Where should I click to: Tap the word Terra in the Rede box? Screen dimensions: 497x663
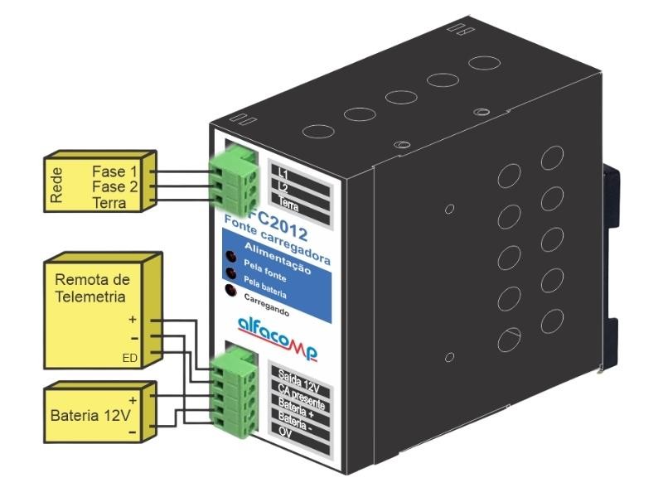110,203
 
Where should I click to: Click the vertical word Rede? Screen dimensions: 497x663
57,188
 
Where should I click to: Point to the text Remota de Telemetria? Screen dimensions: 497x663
89,289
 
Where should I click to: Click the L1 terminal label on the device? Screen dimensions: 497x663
283,174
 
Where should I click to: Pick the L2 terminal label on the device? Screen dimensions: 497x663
283,189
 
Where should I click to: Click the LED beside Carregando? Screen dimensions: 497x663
229,290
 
